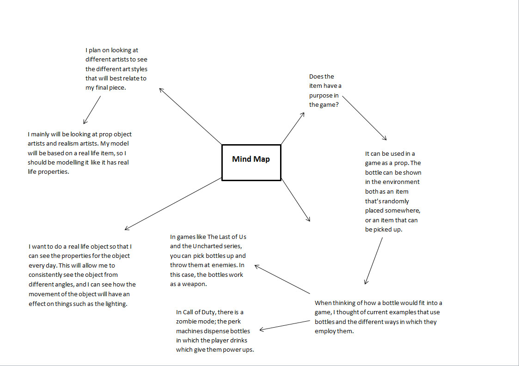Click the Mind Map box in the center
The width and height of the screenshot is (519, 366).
(251, 162)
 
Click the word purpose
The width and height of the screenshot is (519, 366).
(321, 95)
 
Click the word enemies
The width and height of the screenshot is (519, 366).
(224, 265)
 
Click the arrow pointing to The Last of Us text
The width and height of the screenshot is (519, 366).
(282, 279)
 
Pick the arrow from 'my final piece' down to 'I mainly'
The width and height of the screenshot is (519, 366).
(92, 110)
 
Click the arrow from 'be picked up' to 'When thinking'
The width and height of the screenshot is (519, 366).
(373, 261)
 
